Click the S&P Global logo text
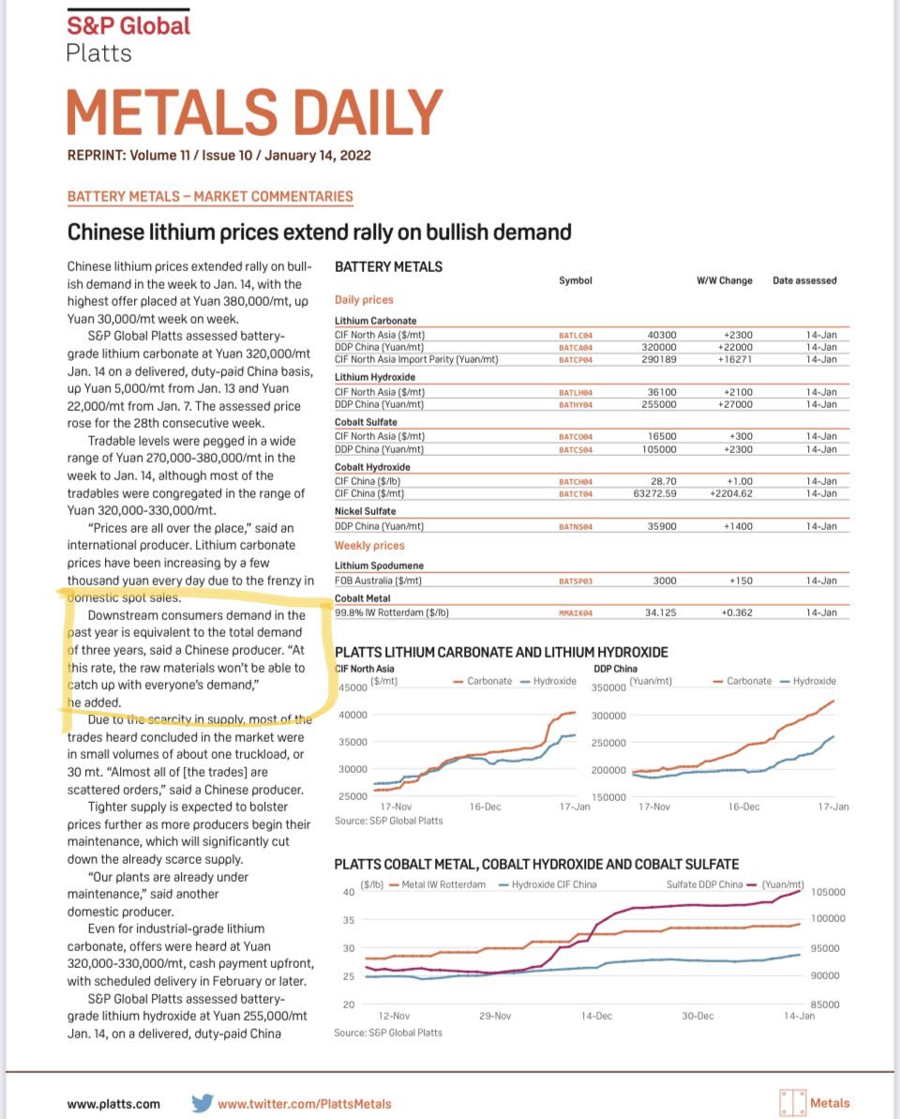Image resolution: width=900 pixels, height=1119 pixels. pyautogui.click(x=128, y=25)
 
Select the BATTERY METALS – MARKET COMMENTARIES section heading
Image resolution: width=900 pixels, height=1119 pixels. pyautogui.click(x=210, y=196)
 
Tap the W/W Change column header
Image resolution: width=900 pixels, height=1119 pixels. pyautogui.click(x=724, y=280)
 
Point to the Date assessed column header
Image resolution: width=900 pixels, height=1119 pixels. pyautogui.click(x=804, y=280)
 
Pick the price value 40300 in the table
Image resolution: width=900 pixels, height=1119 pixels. pyautogui.click(x=662, y=334)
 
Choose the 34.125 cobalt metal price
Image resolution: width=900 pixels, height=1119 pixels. pyautogui.click(x=659, y=612)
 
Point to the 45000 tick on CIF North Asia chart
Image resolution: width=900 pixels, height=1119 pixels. pyautogui.click(x=352, y=688)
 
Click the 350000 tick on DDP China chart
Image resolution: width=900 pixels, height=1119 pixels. pyautogui.click(x=610, y=688)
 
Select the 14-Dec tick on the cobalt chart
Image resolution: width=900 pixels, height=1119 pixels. pyautogui.click(x=596, y=1016)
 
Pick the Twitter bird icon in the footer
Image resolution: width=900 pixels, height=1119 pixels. pyautogui.click(x=202, y=1103)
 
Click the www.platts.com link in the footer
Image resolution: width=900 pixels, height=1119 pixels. pyautogui.click(x=113, y=1104)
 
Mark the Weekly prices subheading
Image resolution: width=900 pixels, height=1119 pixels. pyautogui.click(x=370, y=545)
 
